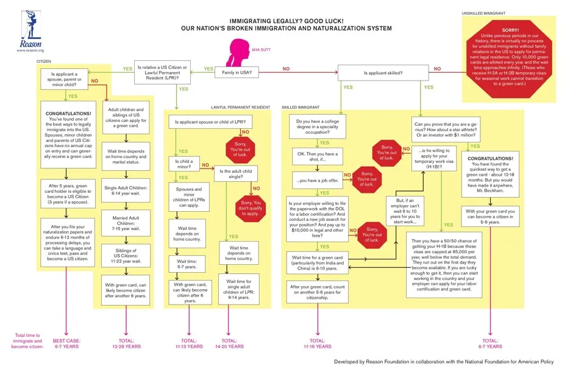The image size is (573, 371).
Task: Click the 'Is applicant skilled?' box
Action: point(383,73)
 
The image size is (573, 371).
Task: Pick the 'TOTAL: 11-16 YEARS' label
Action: point(317,343)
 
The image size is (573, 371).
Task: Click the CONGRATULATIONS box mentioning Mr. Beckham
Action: point(489,175)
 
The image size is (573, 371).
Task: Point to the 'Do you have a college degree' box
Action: point(316,127)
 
